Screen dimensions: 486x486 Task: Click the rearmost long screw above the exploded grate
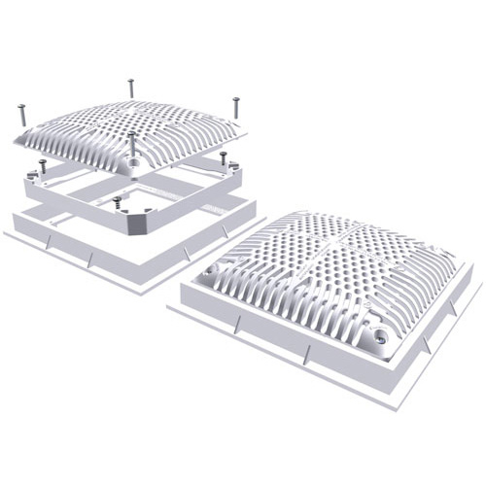point(131,87)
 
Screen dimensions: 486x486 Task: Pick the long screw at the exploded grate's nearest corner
point(133,146)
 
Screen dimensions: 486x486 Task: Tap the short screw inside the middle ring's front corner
point(118,201)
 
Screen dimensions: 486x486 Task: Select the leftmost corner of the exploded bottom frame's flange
point(5,233)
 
